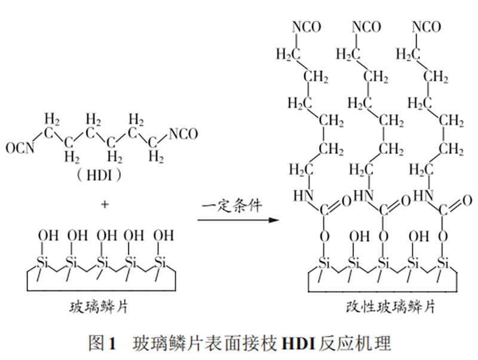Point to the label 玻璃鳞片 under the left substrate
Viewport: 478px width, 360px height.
click(x=99, y=307)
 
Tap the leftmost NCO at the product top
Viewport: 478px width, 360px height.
click(x=307, y=27)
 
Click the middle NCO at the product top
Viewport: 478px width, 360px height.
click(x=366, y=27)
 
